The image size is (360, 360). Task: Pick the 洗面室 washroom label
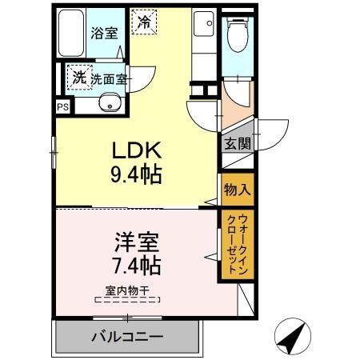coord(108,78)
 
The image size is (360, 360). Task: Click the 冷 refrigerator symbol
coord(144,22)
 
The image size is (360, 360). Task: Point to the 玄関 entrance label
coord(237,145)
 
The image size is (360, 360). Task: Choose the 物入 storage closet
coord(237,190)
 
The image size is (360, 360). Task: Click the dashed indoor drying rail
coord(128,301)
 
